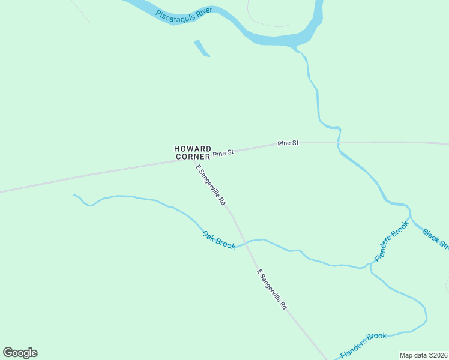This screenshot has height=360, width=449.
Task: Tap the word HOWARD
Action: [x=193, y=148]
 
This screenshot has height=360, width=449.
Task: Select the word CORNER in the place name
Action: [x=193, y=157]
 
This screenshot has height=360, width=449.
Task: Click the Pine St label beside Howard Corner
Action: [x=223, y=153]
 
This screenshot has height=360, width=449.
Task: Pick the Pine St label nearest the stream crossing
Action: [x=288, y=143]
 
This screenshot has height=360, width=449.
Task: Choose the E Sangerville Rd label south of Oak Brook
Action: [x=272, y=289]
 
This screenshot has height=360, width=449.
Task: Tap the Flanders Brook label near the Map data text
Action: [x=363, y=344]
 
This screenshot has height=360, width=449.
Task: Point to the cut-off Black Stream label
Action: [x=436, y=238]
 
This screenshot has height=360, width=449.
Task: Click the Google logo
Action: [x=20, y=353]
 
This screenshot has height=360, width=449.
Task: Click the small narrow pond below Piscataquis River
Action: [x=202, y=48]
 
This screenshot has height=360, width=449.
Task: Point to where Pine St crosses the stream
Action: [x=339, y=143]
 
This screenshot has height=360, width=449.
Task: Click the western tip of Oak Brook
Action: [x=74, y=195]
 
